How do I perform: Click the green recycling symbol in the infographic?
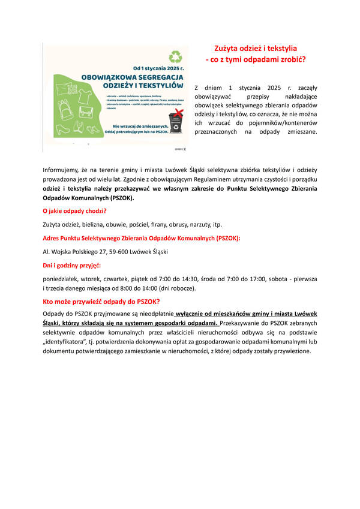(175, 58)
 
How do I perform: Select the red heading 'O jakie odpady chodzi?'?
(75, 210)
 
